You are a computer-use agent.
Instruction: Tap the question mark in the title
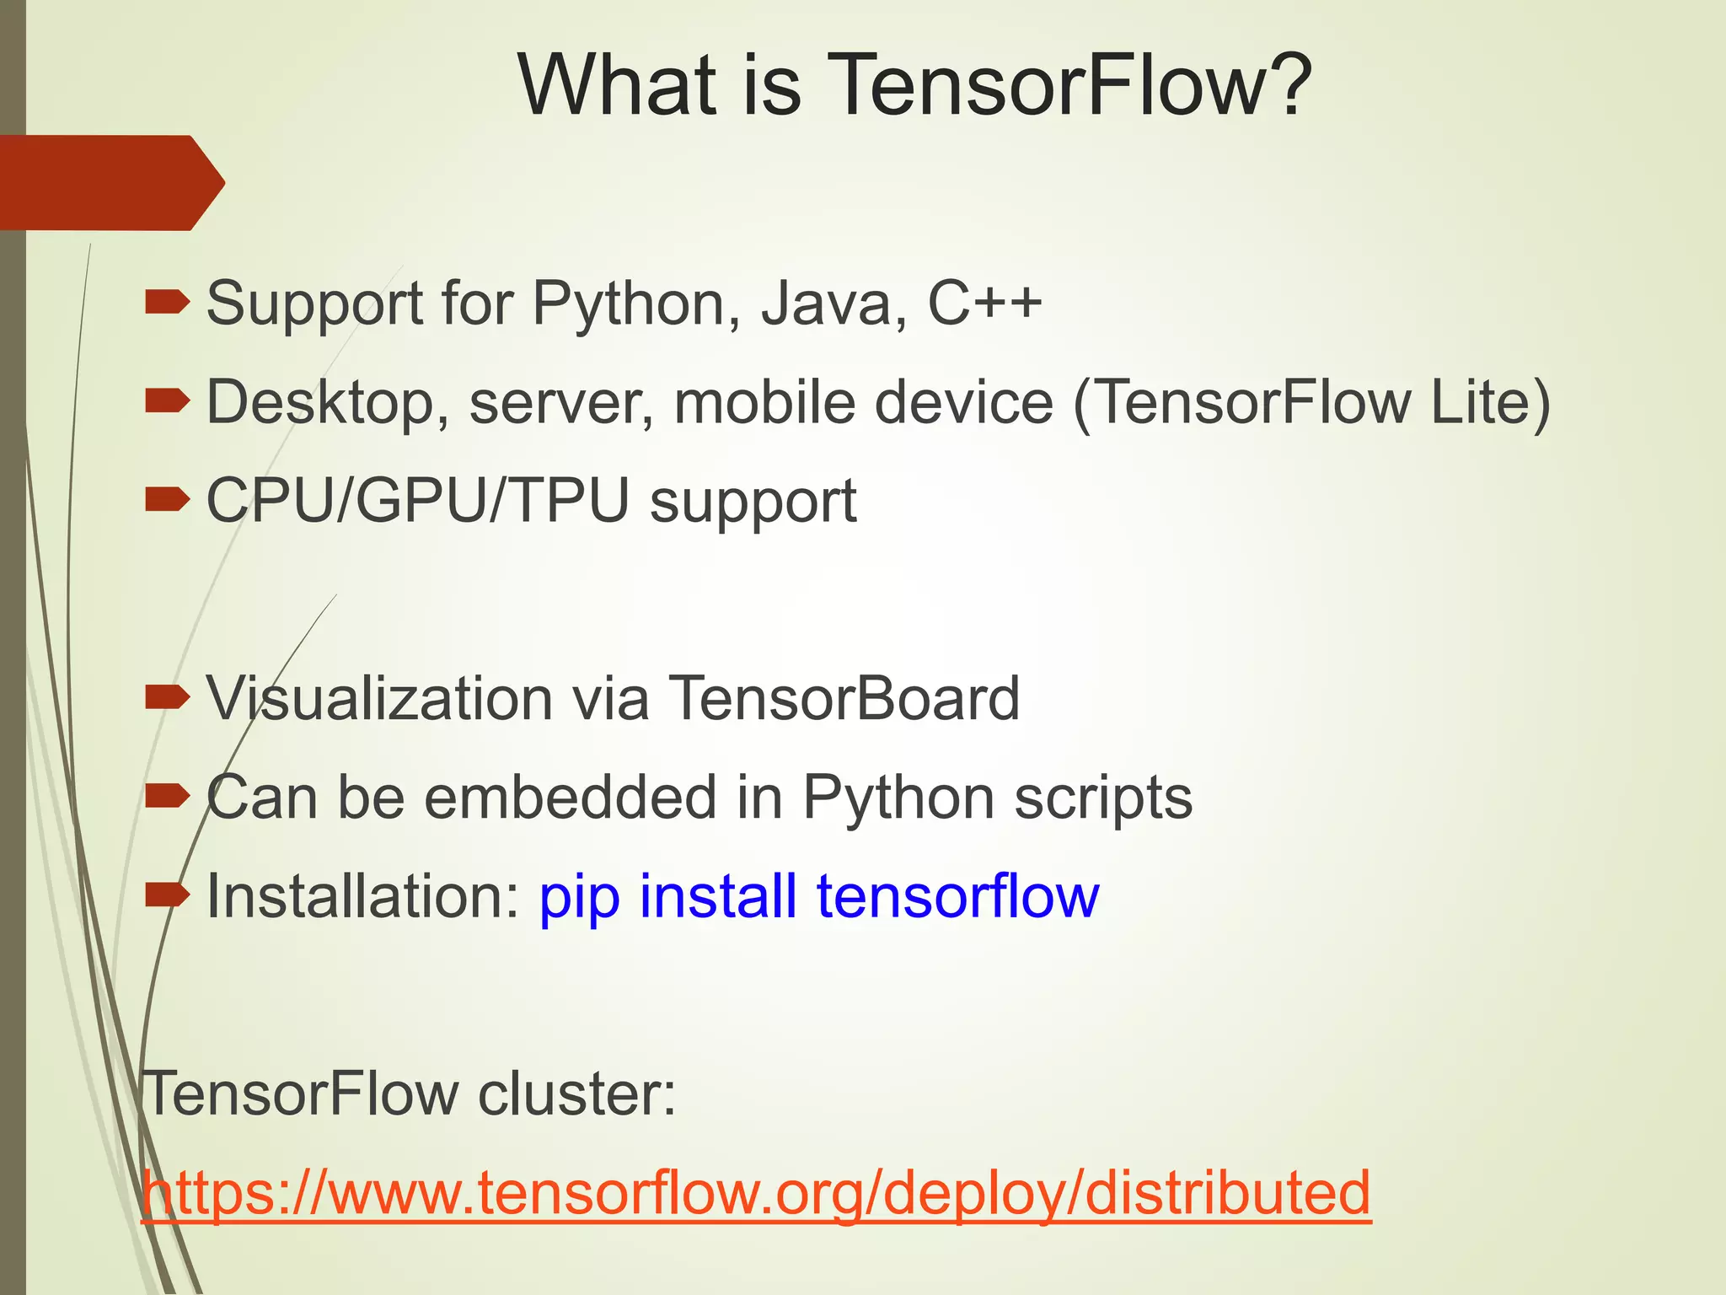(x=1284, y=85)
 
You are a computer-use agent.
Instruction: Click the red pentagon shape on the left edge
(x=110, y=183)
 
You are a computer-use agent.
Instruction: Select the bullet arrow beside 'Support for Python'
(x=167, y=303)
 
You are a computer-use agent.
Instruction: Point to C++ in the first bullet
(x=984, y=303)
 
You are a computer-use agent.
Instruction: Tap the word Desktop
(x=327, y=402)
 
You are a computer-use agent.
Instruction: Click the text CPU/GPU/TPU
(x=418, y=501)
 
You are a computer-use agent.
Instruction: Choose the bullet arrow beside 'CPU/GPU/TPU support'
(x=167, y=501)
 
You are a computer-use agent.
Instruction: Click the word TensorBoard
(x=844, y=699)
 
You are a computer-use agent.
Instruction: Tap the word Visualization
(x=378, y=699)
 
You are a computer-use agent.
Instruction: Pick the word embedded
(x=570, y=798)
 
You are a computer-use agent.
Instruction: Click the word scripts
(x=1103, y=798)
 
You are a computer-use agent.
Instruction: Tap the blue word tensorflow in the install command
(x=957, y=896)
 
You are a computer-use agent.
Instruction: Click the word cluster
(x=576, y=1094)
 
